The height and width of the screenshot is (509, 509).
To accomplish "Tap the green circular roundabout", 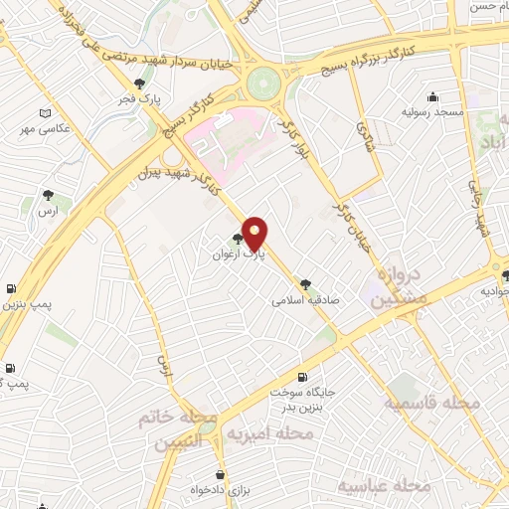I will point(265,83).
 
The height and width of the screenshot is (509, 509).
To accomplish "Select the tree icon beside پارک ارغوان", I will point(237,239).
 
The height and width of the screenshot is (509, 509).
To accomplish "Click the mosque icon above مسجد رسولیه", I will point(432,96).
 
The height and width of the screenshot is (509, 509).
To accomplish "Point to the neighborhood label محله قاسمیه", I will point(433,404).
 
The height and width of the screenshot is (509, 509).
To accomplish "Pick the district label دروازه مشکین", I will point(401,284).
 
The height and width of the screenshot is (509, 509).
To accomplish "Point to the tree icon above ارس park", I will point(48,195).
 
